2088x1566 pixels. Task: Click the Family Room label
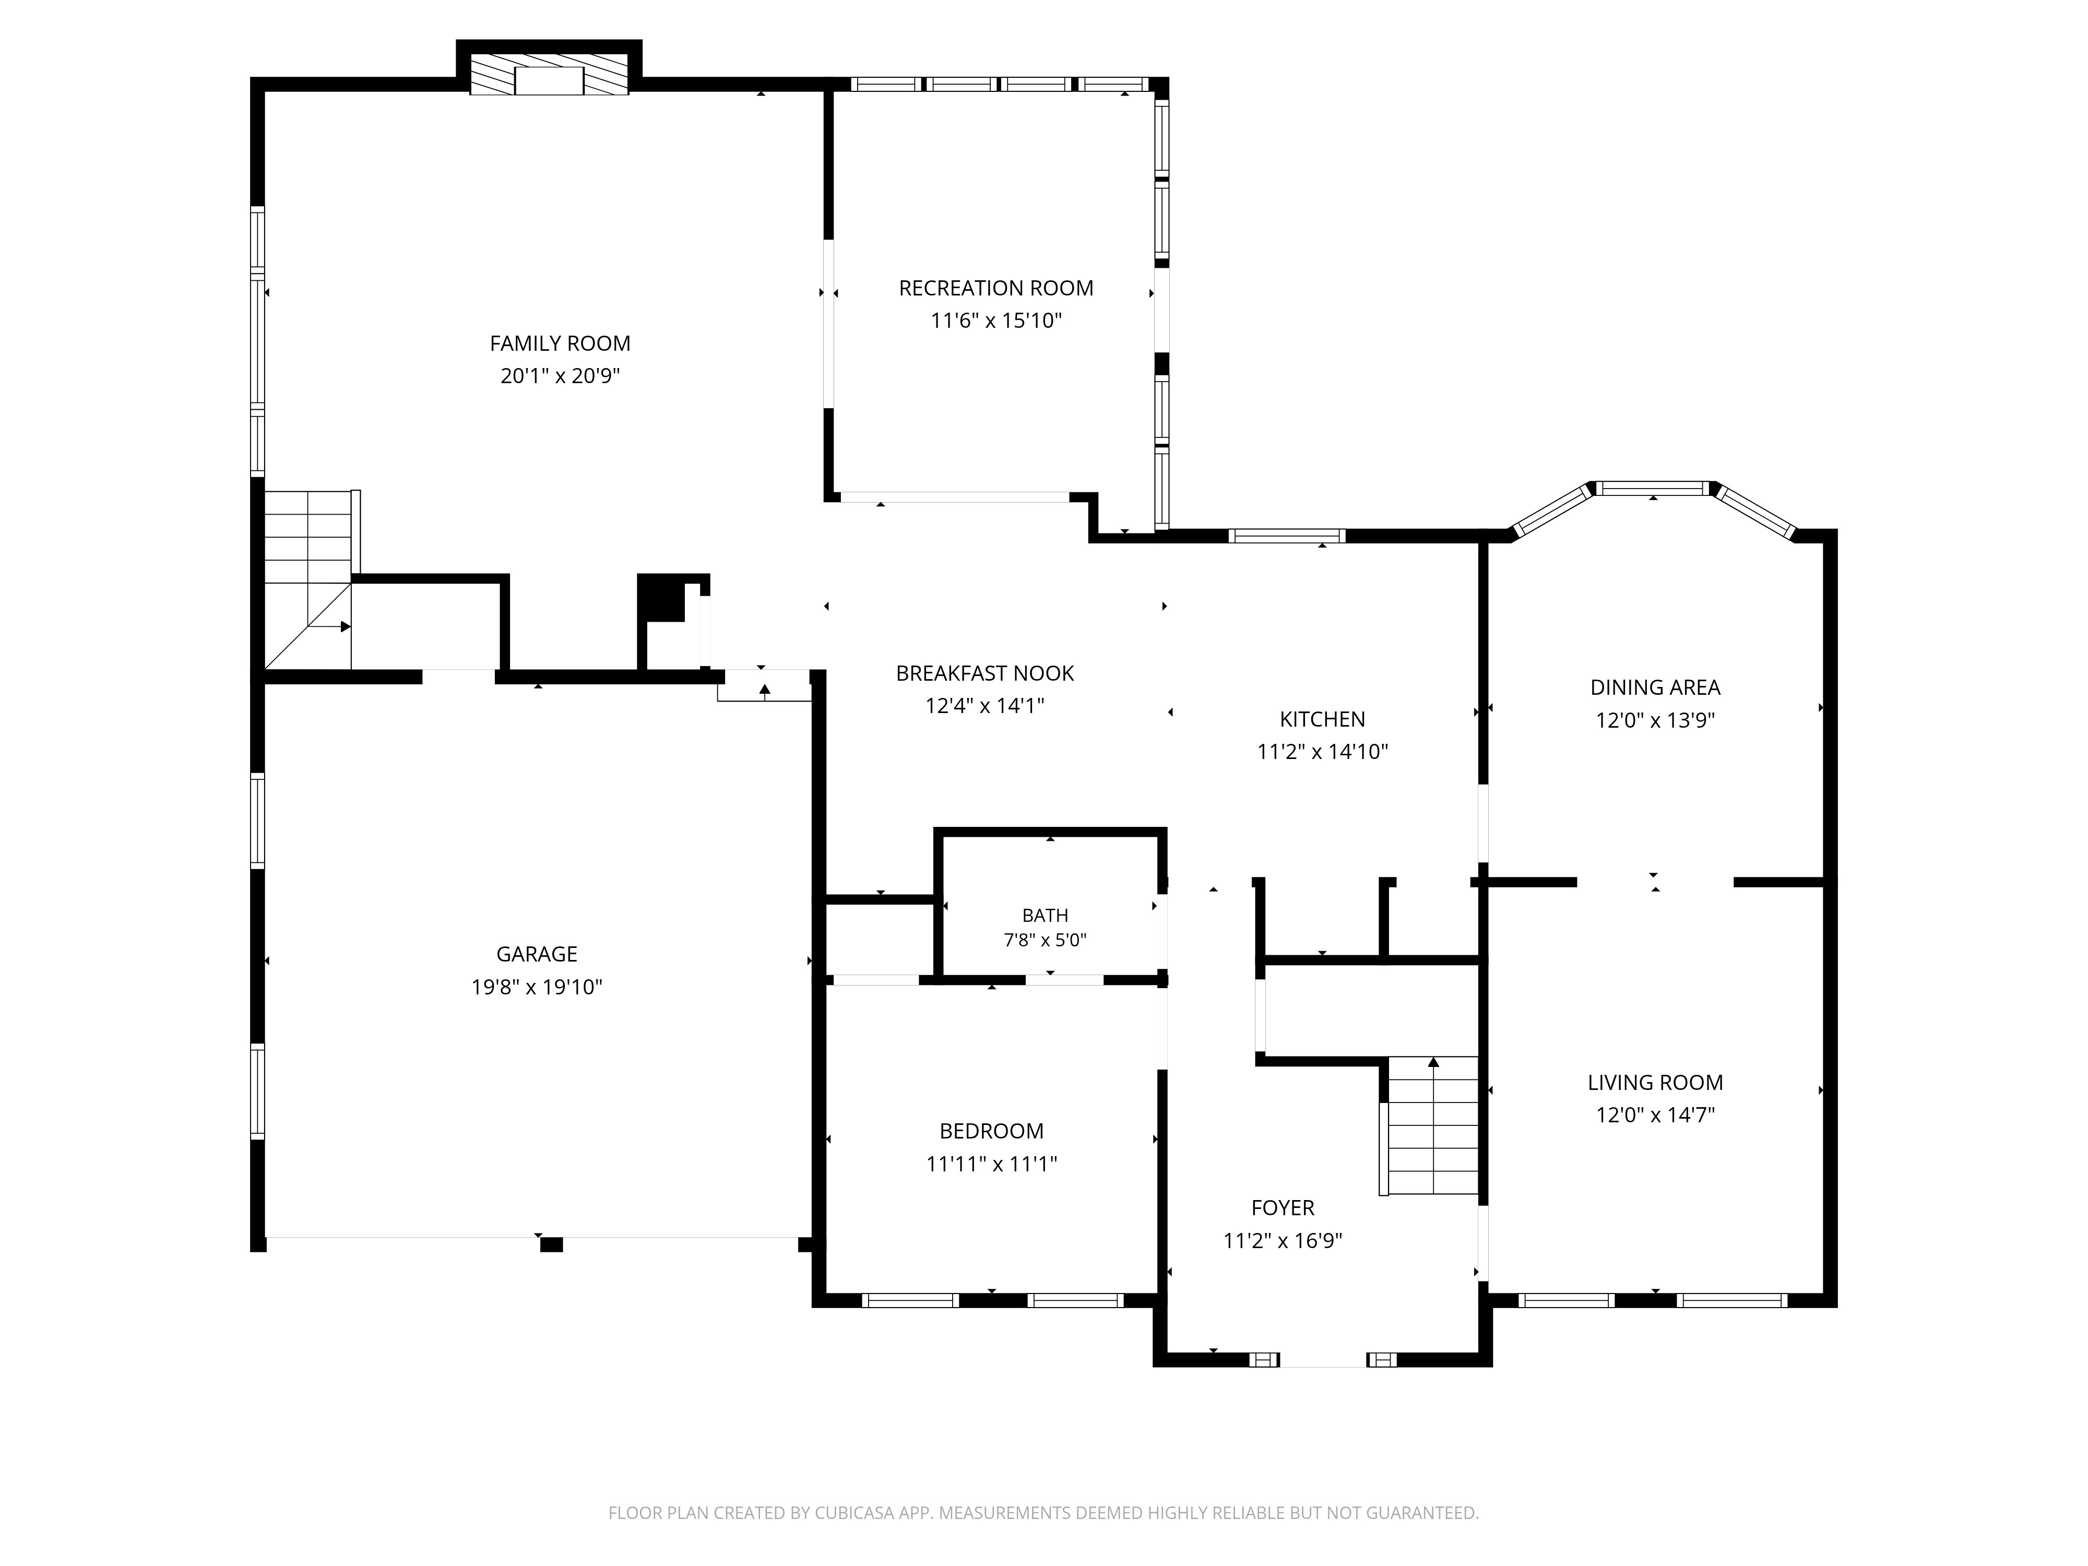[560, 343]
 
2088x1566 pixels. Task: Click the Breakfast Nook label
[984, 673]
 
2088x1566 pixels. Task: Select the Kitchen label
[1322, 719]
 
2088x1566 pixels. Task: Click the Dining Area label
[1655, 687]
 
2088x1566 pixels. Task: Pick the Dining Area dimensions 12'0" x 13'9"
[1655, 720]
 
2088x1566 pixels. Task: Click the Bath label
[1045, 915]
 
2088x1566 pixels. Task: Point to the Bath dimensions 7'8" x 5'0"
[1045, 940]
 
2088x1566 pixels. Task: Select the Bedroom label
[991, 1131]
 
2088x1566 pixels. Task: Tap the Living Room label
[1655, 1083]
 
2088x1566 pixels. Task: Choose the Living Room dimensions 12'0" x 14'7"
[1655, 1115]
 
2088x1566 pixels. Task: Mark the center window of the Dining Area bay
[1653, 488]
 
